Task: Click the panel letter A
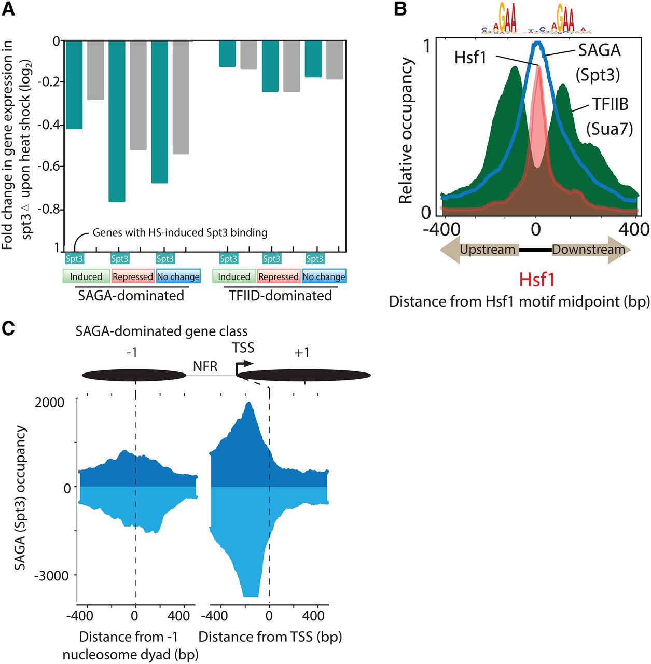9,9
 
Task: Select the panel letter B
400,9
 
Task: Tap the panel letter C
9,329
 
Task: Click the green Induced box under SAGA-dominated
86,276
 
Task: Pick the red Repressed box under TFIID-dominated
279,276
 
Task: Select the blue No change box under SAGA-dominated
178,276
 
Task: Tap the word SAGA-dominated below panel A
131,296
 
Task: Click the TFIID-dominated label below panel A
280,296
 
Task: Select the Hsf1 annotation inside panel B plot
470,57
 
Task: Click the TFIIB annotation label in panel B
611,105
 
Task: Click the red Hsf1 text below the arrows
537,280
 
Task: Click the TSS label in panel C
243,348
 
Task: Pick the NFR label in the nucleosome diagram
205,367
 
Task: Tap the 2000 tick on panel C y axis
50,403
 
